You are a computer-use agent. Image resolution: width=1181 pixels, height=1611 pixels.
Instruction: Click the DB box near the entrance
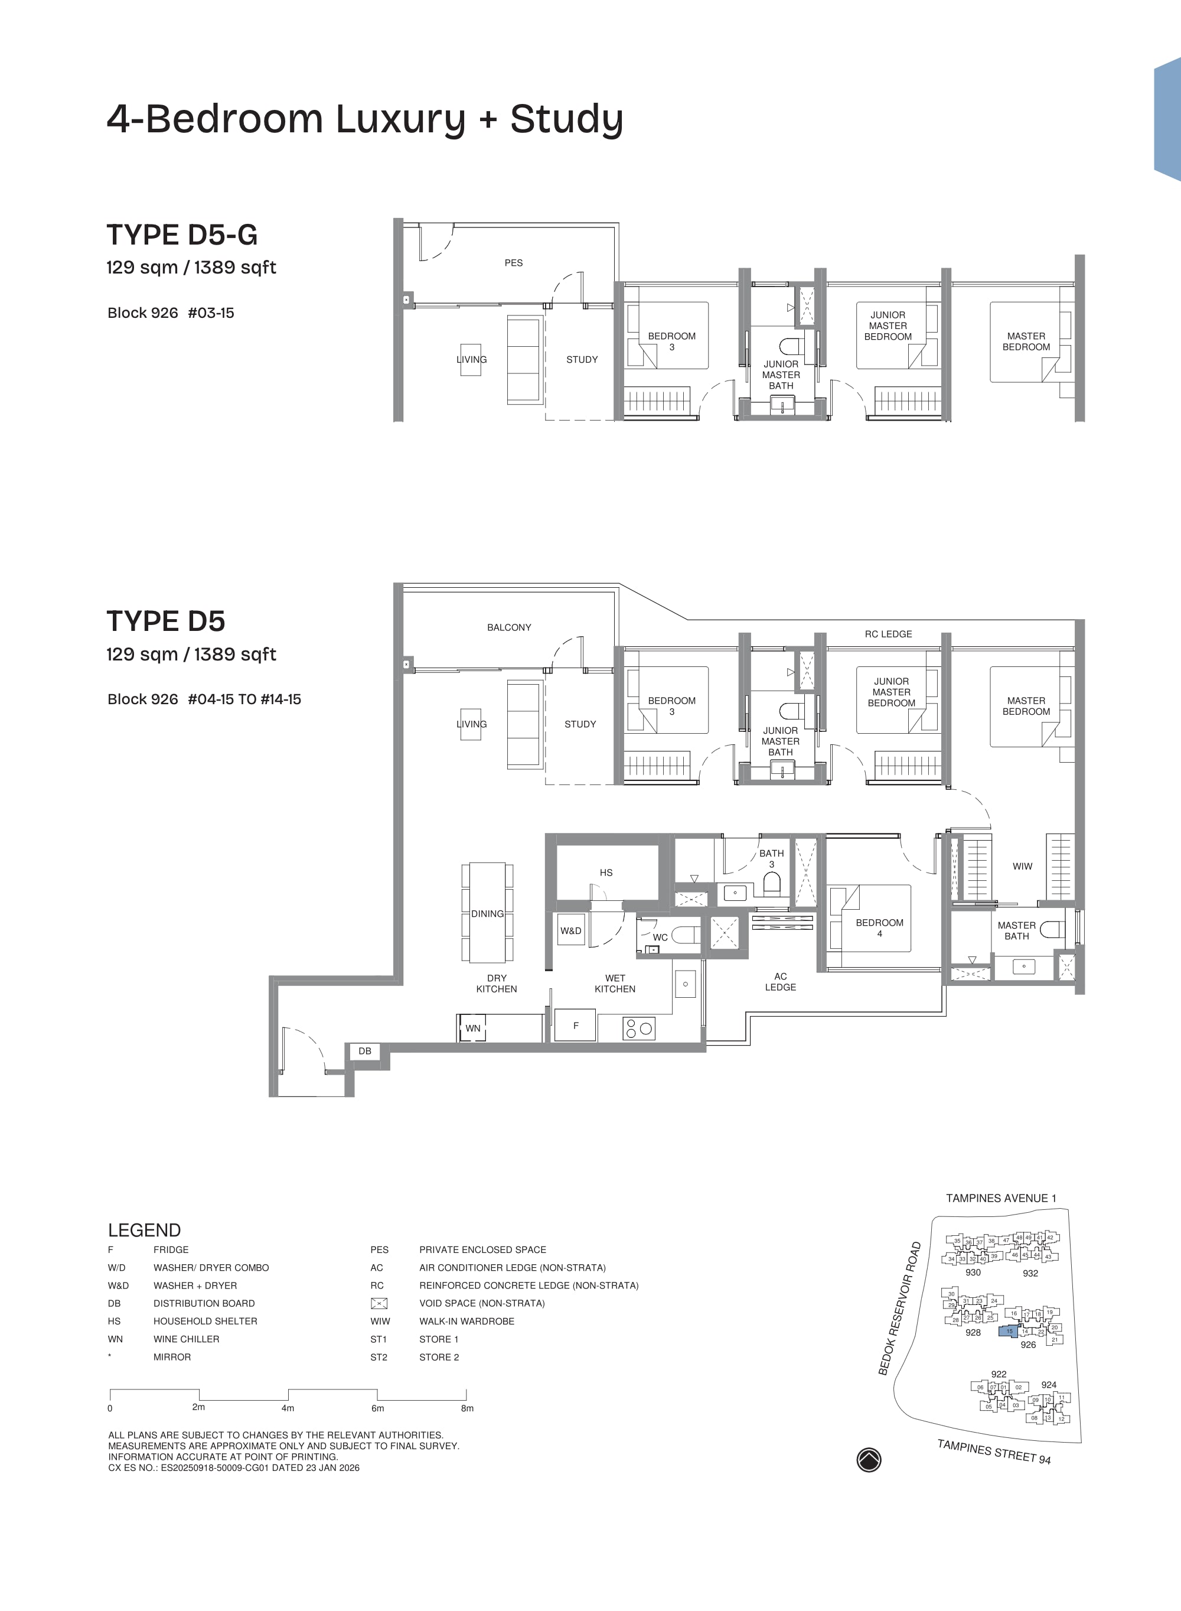pyautogui.click(x=364, y=1051)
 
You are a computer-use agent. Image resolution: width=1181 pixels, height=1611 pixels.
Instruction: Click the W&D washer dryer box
pyautogui.click(x=570, y=931)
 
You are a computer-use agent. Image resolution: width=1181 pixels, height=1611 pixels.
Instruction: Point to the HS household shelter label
pyautogui.click(x=606, y=873)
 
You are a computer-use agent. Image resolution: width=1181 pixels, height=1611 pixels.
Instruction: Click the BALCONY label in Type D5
pyautogui.click(x=509, y=627)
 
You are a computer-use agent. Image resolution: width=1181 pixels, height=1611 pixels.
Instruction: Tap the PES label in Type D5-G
pyautogui.click(x=513, y=262)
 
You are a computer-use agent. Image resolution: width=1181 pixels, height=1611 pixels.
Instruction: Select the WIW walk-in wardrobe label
pyautogui.click(x=1022, y=866)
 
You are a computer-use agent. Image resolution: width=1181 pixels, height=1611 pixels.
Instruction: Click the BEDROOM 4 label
pyautogui.click(x=879, y=928)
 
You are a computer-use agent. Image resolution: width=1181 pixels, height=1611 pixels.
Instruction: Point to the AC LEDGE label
pyautogui.click(x=780, y=982)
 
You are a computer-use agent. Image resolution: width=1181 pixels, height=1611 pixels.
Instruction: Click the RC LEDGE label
pyautogui.click(x=888, y=633)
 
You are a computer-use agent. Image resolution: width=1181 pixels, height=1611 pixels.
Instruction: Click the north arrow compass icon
pyautogui.click(x=869, y=1459)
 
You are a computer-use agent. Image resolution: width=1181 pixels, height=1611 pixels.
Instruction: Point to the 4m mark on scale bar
pyautogui.click(x=288, y=1407)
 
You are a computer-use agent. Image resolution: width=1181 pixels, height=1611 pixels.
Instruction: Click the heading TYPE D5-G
pyautogui.click(x=182, y=235)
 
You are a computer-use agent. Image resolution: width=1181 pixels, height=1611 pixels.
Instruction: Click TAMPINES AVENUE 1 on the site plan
pyautogui.click(x=1001, y=1197)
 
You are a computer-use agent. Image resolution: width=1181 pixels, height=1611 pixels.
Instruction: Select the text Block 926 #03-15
pyautogui.click(x=171, y=313)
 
